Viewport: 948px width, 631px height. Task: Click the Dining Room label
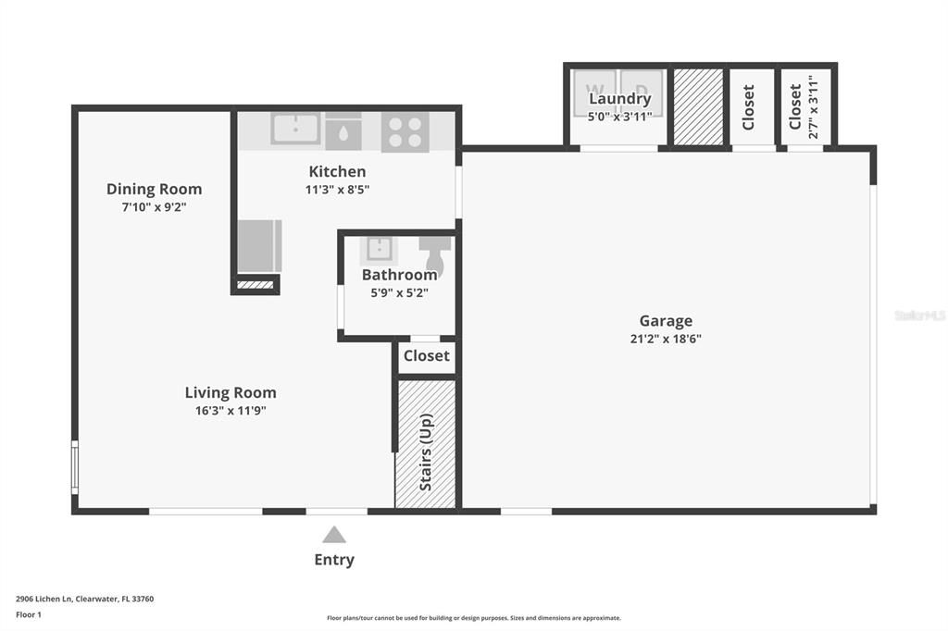tap(154, 189)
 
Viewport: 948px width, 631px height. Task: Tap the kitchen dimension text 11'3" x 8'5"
tap(337, 190)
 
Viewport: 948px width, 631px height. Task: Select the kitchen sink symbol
tap(295, 129)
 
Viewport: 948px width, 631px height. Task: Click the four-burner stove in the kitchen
tap(405, 131)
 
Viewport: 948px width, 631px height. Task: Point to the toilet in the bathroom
tap(435, 254)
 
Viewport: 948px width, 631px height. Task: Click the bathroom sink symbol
tap(379, 250)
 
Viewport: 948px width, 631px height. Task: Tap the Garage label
tap(666, 321)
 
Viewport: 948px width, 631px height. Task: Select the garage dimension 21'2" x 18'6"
tap(666, 339)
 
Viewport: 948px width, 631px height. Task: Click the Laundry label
tap(620, 99)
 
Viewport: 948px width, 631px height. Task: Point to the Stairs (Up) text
tap(426, 452)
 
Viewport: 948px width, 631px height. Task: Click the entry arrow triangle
tap(334, 535)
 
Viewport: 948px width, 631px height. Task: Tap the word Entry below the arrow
tap(334, 560)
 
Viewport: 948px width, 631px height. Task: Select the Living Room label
tap(231, 392)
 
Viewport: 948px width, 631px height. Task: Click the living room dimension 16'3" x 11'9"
tap(231, 410)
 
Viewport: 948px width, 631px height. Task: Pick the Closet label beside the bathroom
tap(427, 355)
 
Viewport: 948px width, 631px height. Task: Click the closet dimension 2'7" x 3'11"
tap(814, 105)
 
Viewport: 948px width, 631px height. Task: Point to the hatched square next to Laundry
tap(698, 106)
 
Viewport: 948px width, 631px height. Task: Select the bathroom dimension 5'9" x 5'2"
tap(399, 292)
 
